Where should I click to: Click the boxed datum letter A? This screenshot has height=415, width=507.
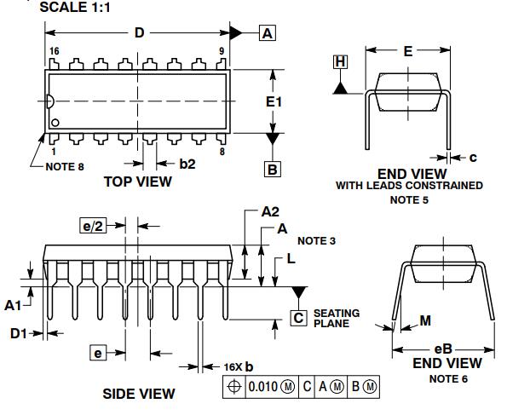click(268, 33)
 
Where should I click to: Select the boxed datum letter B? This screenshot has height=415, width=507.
click(273, 169)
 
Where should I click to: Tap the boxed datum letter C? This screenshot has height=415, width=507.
click(298, 318)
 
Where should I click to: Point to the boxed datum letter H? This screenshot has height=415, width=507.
click(341, 61)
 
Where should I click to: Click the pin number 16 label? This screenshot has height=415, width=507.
click(55, 51)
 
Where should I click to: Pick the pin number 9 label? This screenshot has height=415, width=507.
click(222, 51)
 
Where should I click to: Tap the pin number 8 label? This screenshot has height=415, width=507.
click(222, 152)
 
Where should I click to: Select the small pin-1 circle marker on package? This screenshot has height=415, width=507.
click(55, 123)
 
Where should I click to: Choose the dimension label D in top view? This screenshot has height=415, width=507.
click(139, 32)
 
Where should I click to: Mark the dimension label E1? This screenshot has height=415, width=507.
click(274, 102)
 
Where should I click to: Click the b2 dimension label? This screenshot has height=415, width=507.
click(187, 164)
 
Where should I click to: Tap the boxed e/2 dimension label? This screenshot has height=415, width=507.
click(93, 226)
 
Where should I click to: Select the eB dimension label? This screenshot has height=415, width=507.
click(443, 349)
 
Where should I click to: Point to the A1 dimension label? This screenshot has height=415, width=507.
click(13, 305)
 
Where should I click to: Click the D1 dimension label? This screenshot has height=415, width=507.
click(19, 333)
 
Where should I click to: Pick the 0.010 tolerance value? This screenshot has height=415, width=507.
click(263, 387)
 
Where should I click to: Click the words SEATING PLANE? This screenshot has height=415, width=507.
click(337, 319)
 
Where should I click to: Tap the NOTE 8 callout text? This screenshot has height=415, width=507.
click(65, 167)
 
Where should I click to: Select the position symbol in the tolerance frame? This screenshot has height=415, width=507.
click(234, 387)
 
